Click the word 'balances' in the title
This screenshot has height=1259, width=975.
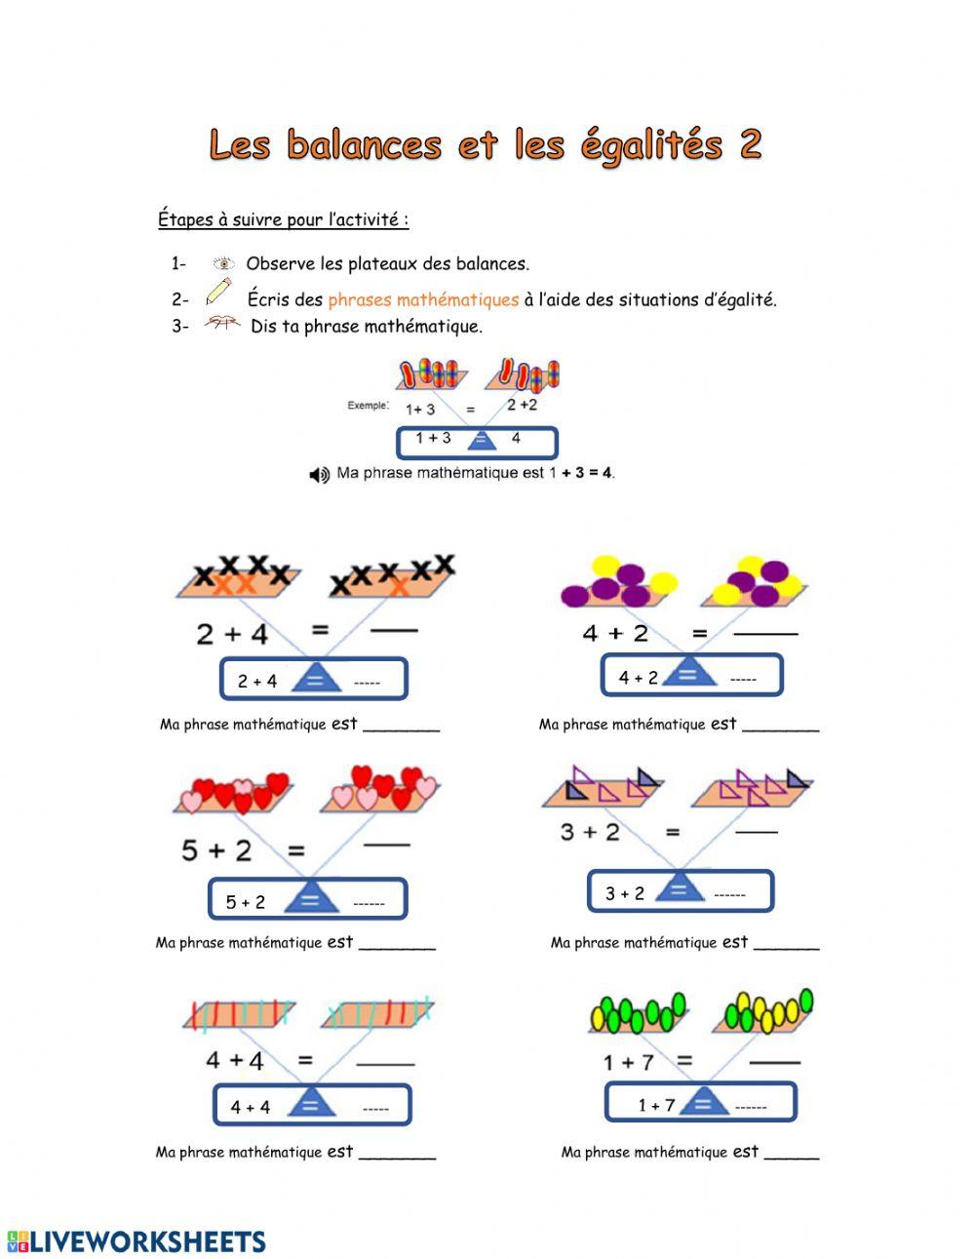click(365, 144)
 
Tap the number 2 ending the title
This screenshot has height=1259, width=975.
click(750, 144)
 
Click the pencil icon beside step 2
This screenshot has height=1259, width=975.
click(218, 292)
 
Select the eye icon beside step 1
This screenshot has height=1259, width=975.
click(223, 263)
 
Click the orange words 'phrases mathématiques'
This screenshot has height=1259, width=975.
click(423, 299)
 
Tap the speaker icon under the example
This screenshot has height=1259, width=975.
click(319, 475)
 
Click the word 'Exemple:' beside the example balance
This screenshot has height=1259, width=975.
click(368, 406)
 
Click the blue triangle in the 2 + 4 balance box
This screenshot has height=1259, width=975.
click(316, 677)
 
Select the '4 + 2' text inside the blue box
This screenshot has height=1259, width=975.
click(639, 678)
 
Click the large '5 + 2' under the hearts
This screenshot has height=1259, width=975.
click(216, 850)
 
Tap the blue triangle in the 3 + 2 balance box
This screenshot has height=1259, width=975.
click(680, 888)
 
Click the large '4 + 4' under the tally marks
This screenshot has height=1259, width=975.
click(235, 1060)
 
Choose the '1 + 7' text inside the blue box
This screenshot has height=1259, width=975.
click(656, 1105)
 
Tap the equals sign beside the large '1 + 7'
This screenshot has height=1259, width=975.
click(684, 1060)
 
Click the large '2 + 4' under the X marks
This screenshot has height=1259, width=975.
click(232, 634)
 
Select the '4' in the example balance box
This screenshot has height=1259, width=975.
click(516, 439)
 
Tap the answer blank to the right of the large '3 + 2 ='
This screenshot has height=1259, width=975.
click(757, 832)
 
